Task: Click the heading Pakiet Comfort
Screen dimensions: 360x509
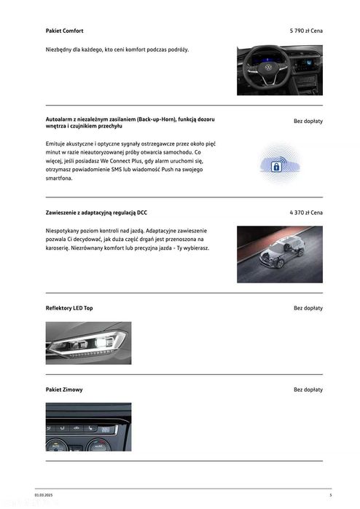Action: [x=64, y=31]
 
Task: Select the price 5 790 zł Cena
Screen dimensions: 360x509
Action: [x=306, y=31]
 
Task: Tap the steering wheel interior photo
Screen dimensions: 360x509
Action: [x=279, y=70]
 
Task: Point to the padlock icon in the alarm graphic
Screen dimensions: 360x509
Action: [x=277, y=167]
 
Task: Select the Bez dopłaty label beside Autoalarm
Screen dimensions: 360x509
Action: [x=308, y=121]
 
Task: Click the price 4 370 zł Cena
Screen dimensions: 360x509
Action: [x=306, y=213]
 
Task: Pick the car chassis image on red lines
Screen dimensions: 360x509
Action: [x=279, y=254]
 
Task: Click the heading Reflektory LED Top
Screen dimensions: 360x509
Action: [x=69, y=308]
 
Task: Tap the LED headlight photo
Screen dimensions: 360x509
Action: [x=88, y=342]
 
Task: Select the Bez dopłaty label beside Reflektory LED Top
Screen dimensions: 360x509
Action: [x=308, y=308]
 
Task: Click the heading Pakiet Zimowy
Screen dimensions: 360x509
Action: [x=64, y=390]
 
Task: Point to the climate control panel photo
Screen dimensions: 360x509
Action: [x=88, y=427]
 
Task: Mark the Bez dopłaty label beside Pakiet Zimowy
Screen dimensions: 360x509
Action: [x=308, y=390]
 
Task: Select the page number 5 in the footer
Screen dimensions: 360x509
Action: [x=330, y=495]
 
